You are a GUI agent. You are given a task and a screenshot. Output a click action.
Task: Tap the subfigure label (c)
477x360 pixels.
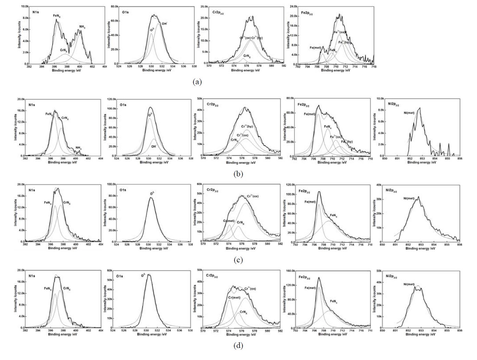[238, 260]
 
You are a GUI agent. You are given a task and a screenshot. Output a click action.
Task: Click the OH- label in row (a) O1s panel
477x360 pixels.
[164, 24]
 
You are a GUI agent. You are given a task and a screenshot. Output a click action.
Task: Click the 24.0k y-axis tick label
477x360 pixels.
[293, 7]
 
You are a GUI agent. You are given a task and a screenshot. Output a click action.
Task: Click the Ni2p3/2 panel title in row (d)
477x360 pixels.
[391, 275]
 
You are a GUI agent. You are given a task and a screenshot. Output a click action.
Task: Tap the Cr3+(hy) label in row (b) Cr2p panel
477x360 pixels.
[251, 126]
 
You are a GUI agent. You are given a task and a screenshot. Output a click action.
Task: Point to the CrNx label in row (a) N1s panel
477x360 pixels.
[64, 50]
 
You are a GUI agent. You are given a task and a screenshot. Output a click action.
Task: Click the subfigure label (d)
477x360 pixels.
[238, 346]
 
